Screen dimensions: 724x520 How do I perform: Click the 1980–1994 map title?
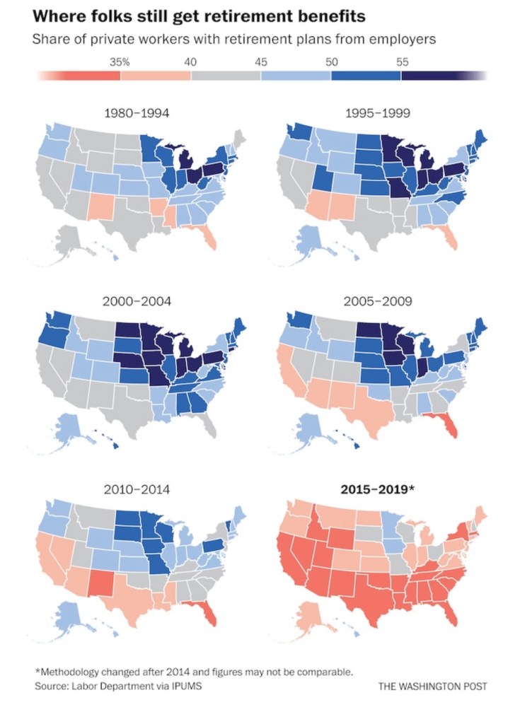[137, 112]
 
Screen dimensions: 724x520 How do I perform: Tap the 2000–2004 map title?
[137, 301]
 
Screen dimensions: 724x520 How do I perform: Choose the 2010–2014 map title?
[137, 489]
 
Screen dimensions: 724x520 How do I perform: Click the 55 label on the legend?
[402, 62]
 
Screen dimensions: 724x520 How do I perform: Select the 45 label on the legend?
[261, 62]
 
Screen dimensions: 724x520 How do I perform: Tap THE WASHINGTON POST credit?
[433, 687]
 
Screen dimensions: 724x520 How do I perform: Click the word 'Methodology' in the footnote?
[73, 671]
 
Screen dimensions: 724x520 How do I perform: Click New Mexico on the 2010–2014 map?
[100, 584]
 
